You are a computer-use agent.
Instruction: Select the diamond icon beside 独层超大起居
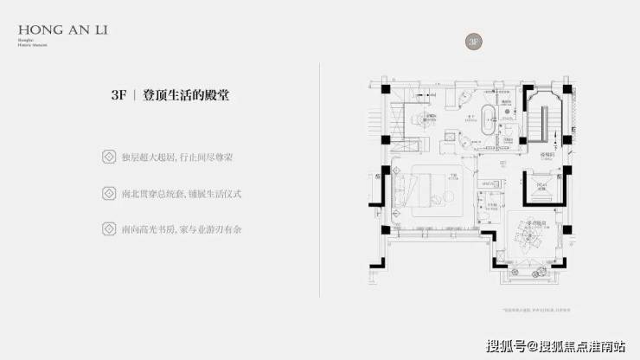[109, 157]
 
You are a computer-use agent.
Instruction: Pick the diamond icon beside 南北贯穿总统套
[109, 193]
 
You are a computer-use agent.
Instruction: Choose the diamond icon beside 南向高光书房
[109, 228]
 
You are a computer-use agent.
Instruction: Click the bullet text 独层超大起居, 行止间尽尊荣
[181, 157]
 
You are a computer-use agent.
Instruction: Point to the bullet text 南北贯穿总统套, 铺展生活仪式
[181, 193]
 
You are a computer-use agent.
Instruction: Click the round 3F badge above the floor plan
[472, 42]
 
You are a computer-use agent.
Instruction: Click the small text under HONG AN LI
[24, 42]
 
